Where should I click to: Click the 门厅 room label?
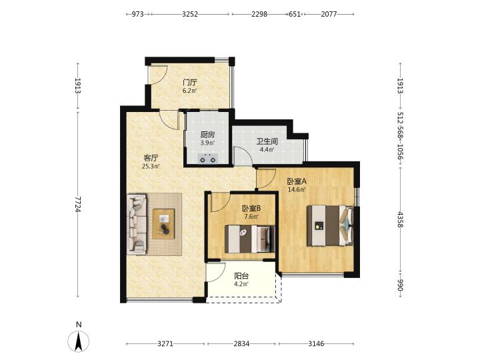(190, 83)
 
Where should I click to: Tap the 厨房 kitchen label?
(207, 135)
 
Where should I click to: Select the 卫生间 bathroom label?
(267, 141)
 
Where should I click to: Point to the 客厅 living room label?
(151, 158)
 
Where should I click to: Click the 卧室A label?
(297, 181)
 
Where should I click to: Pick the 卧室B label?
(251, 209)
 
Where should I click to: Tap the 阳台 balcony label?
(241, 276)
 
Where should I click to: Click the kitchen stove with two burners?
(208, 159)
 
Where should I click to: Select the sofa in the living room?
(137, 225)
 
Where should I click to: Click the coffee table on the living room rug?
(164, 224)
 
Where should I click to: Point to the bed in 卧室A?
(330, 225)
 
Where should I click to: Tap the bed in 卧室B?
(249, 239)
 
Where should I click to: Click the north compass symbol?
(79, 341)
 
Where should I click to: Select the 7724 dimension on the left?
(78, 204)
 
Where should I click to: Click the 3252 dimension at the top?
(190, 14)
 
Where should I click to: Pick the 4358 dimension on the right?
(400, 219)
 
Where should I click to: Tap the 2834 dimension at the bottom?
(241, 344)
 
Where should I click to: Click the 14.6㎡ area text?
(297, 190)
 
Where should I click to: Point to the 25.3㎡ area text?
(151, 167)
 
